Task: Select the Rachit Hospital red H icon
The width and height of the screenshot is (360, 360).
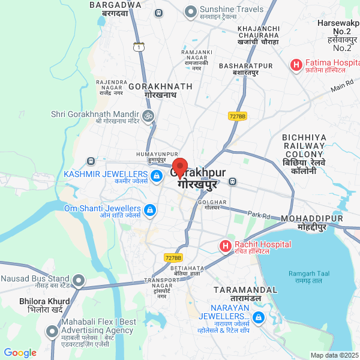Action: coord(225,246)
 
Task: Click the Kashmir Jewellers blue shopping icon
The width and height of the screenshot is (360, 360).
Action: coord(156,176)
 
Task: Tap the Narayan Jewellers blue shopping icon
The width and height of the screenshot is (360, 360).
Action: coord(258,317)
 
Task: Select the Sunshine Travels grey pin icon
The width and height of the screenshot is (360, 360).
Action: coord(191,11)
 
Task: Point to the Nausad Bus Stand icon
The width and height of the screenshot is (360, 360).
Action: coord(78,280)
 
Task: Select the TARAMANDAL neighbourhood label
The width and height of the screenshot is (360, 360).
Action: coord(245,294)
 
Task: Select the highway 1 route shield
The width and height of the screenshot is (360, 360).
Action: coord(139,47)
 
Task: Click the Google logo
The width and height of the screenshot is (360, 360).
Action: coord(20,353)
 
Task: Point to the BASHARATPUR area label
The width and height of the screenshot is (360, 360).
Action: coord(246,68)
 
